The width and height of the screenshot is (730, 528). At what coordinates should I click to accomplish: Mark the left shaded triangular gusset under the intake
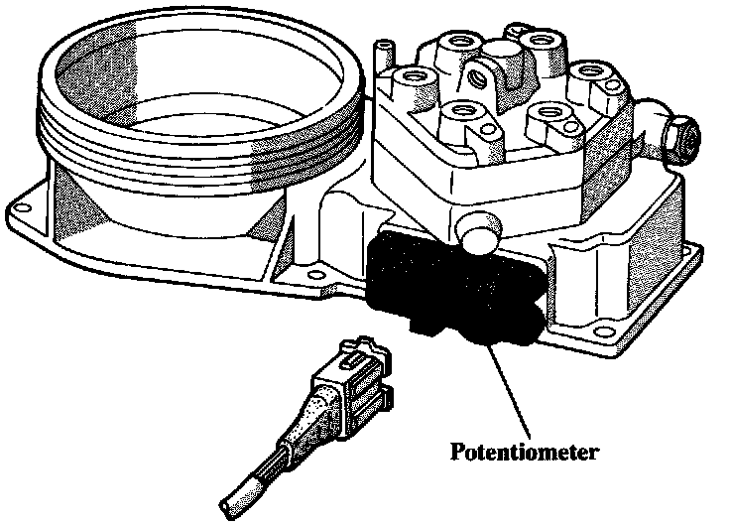click(x=79, y=203)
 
